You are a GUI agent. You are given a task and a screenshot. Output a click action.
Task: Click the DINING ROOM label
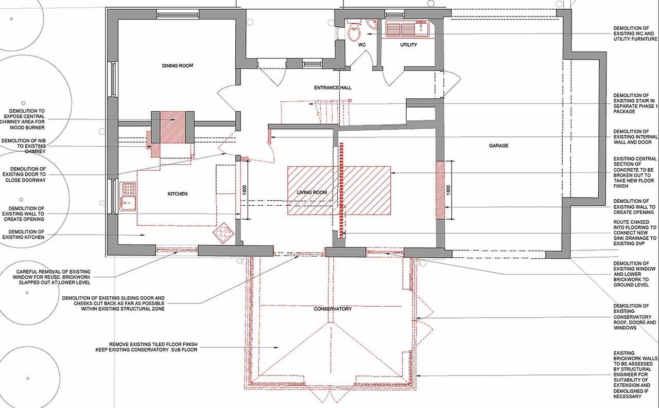tap(178, 65)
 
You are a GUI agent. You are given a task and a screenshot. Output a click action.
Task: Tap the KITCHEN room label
tap(178, 194)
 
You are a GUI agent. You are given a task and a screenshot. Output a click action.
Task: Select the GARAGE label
tap(499, 146)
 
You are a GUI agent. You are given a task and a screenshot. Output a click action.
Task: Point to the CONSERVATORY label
tap(333, 309)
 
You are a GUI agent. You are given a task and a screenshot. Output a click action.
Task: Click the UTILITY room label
tap(408, 45)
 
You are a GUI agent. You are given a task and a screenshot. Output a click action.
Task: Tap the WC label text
tap(362, 45)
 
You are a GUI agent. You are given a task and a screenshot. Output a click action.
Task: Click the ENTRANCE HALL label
tap(333, 87)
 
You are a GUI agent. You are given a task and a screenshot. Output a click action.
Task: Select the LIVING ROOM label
tap(312, 192)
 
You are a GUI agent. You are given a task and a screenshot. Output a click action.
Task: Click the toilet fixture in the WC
tap(354, 30)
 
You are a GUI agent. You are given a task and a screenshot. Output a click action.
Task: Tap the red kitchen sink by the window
tap(128, 196)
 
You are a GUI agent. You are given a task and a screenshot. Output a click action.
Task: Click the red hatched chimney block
tap(172, 127)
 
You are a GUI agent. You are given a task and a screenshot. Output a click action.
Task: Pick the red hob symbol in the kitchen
tap(223, 233)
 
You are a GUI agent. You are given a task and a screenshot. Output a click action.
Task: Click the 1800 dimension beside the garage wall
tap(448, 190)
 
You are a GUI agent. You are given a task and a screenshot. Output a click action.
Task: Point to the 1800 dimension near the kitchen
tap(244, 190)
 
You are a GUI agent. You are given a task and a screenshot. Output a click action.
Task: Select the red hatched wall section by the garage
tap(440, 190)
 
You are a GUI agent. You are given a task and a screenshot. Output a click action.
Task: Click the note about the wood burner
tap(23, 119)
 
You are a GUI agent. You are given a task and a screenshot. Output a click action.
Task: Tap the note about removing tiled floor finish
tap(146, 347)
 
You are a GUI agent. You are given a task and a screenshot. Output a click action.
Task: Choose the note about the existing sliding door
tap(113, 304)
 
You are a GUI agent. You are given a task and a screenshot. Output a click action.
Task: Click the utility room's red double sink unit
tap(407, 29)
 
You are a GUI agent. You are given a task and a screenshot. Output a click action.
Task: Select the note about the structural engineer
tap(635, 375)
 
